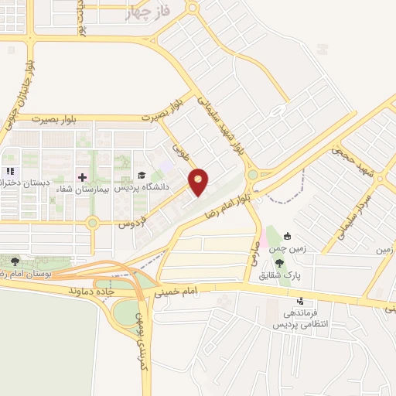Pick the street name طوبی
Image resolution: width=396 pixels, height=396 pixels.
click(x=179, y=145)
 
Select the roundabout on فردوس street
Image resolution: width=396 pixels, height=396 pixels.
click(x=92, y=224)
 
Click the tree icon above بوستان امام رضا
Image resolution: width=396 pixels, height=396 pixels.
click(x=16, y=261)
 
